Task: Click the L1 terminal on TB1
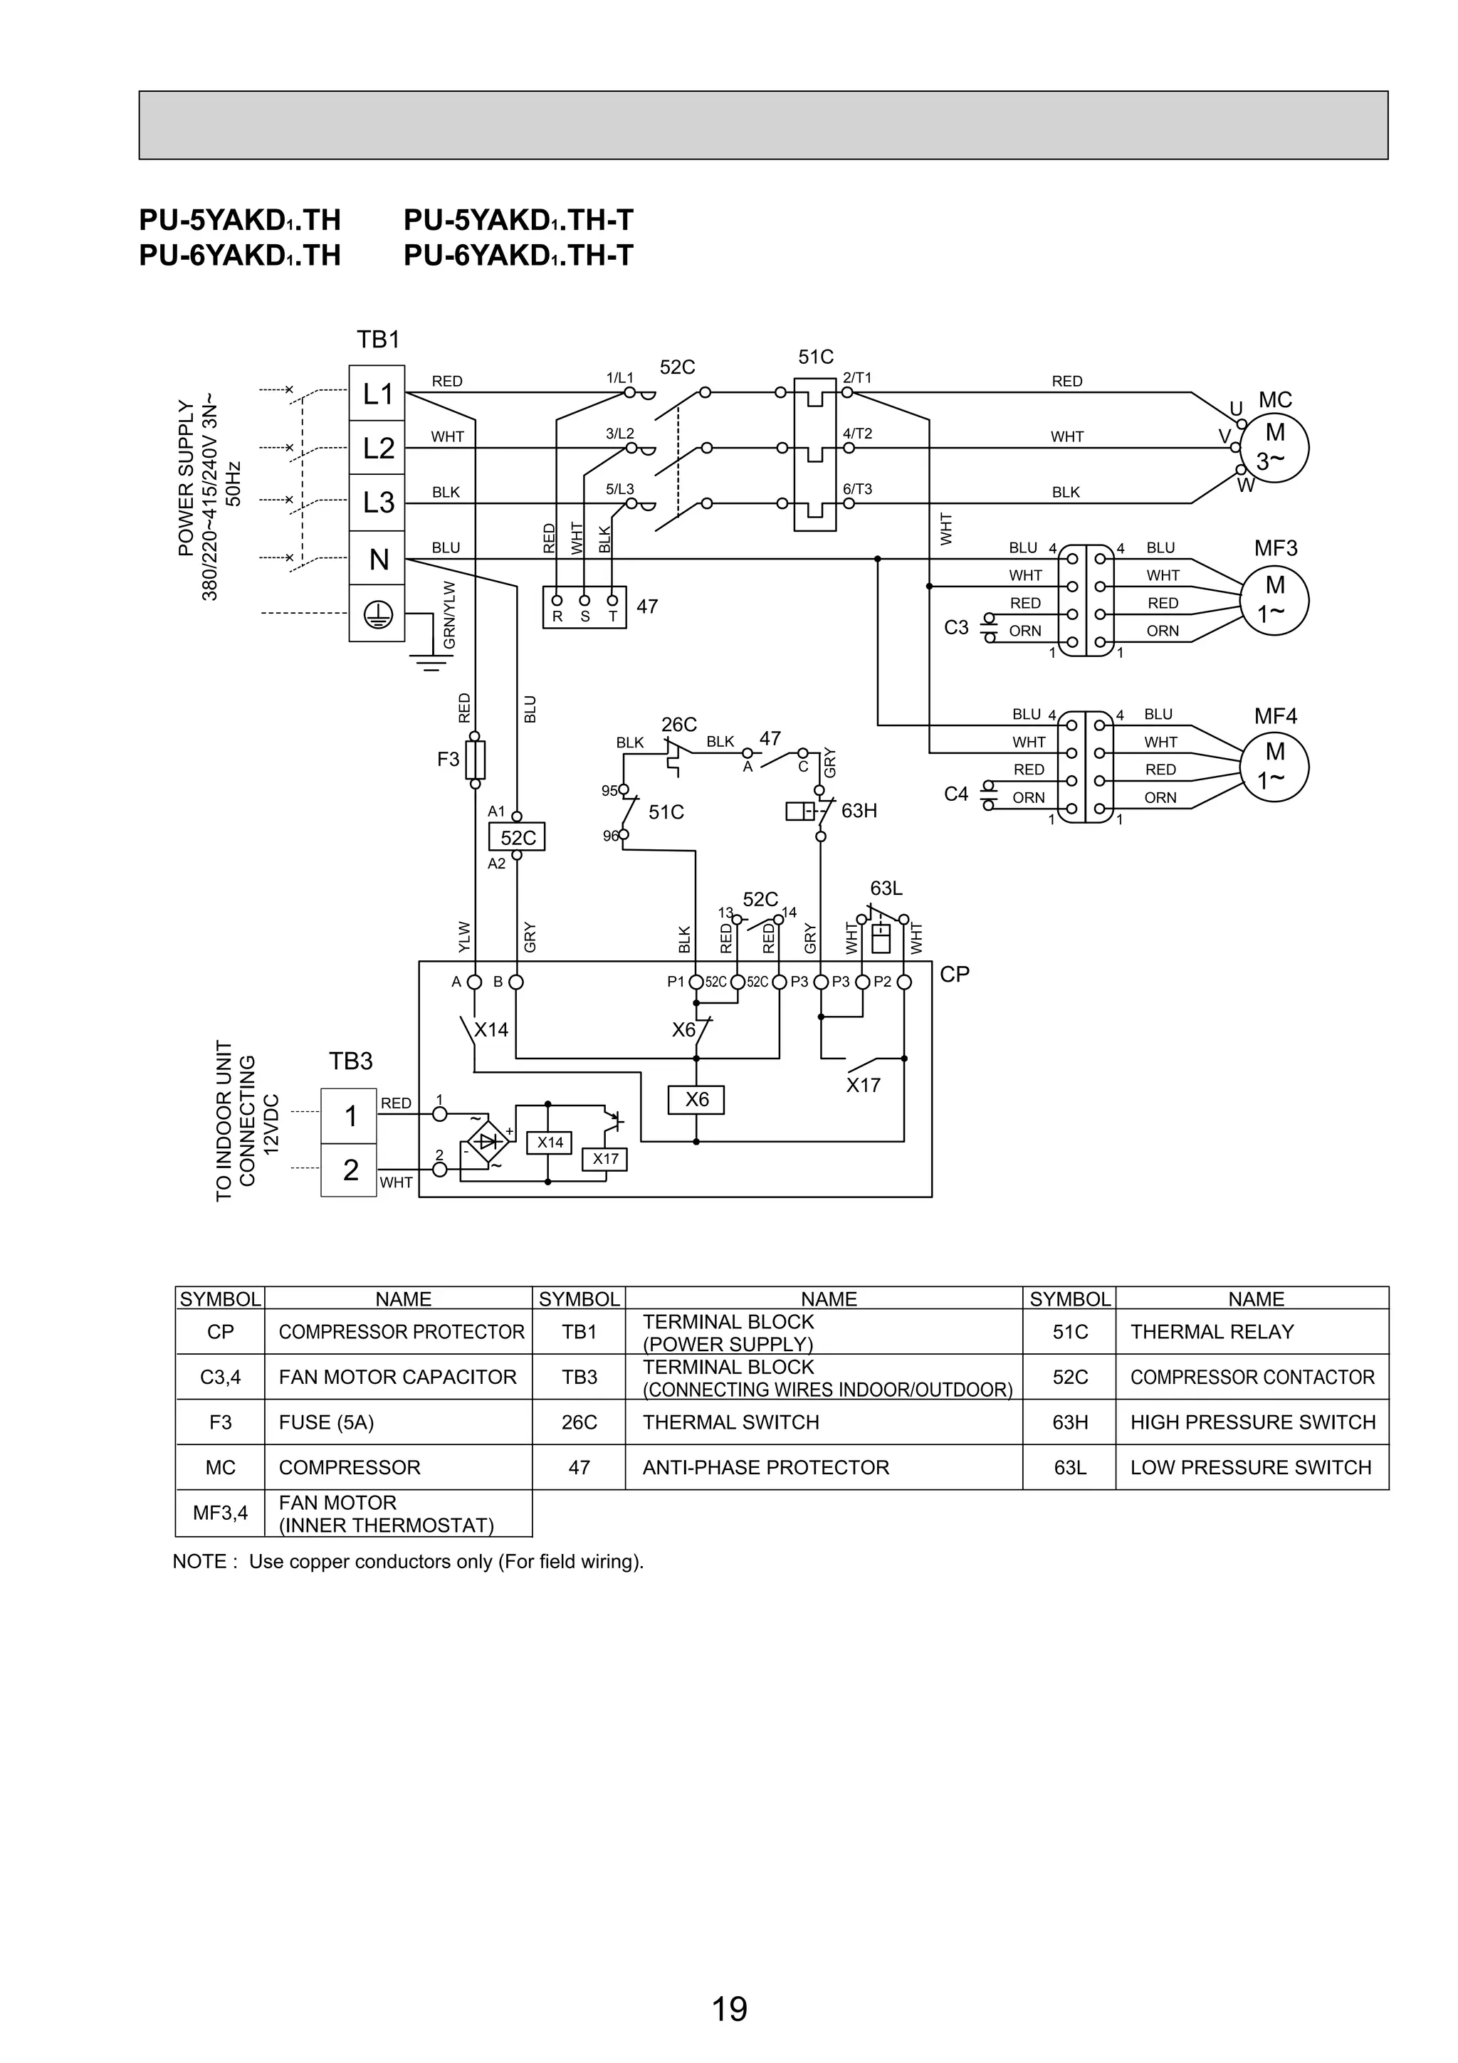[377, 394]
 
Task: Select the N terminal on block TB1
[377, 560]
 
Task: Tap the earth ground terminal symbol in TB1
[377, 614]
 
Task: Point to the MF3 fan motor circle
[1274, 600]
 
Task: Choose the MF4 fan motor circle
[1274, 767]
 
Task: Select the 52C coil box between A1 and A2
[517, 837]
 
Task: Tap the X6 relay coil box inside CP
[696, 1100]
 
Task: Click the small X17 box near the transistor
[604, 1159]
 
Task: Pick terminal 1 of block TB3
[350, 1116]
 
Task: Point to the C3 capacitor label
[956, 627]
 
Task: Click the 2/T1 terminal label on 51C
[857, 378]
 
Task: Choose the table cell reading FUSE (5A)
[326, 1422]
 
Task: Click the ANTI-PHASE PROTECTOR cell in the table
[765, 1467]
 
